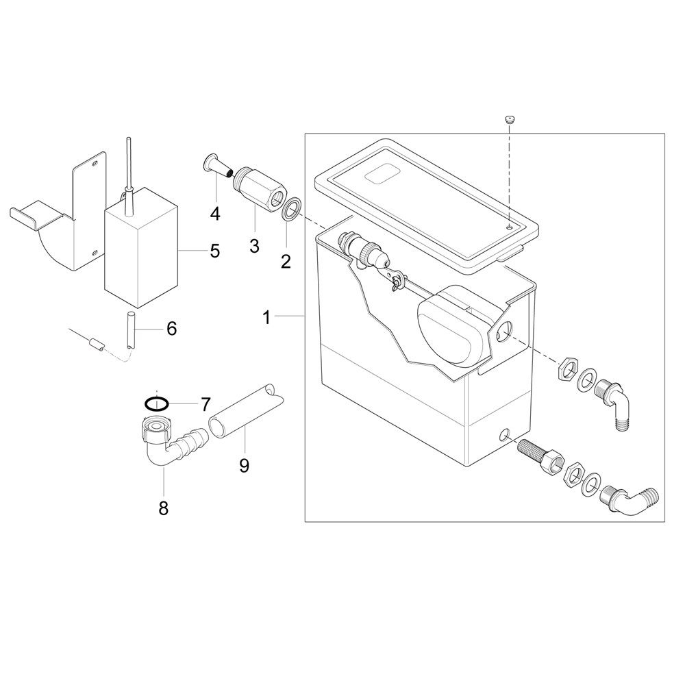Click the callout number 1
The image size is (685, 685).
[266, 318]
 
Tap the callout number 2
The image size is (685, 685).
[286, 261]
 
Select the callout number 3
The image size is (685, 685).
[254, 245]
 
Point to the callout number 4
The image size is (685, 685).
[215, 214]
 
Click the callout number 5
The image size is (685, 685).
[215, 251]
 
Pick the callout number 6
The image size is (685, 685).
[172, 329]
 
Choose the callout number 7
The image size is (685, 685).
[206, 405]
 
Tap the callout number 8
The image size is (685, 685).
[164, 508]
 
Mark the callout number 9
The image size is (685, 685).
[245, 466]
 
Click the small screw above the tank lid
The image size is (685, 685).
[509, 120]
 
